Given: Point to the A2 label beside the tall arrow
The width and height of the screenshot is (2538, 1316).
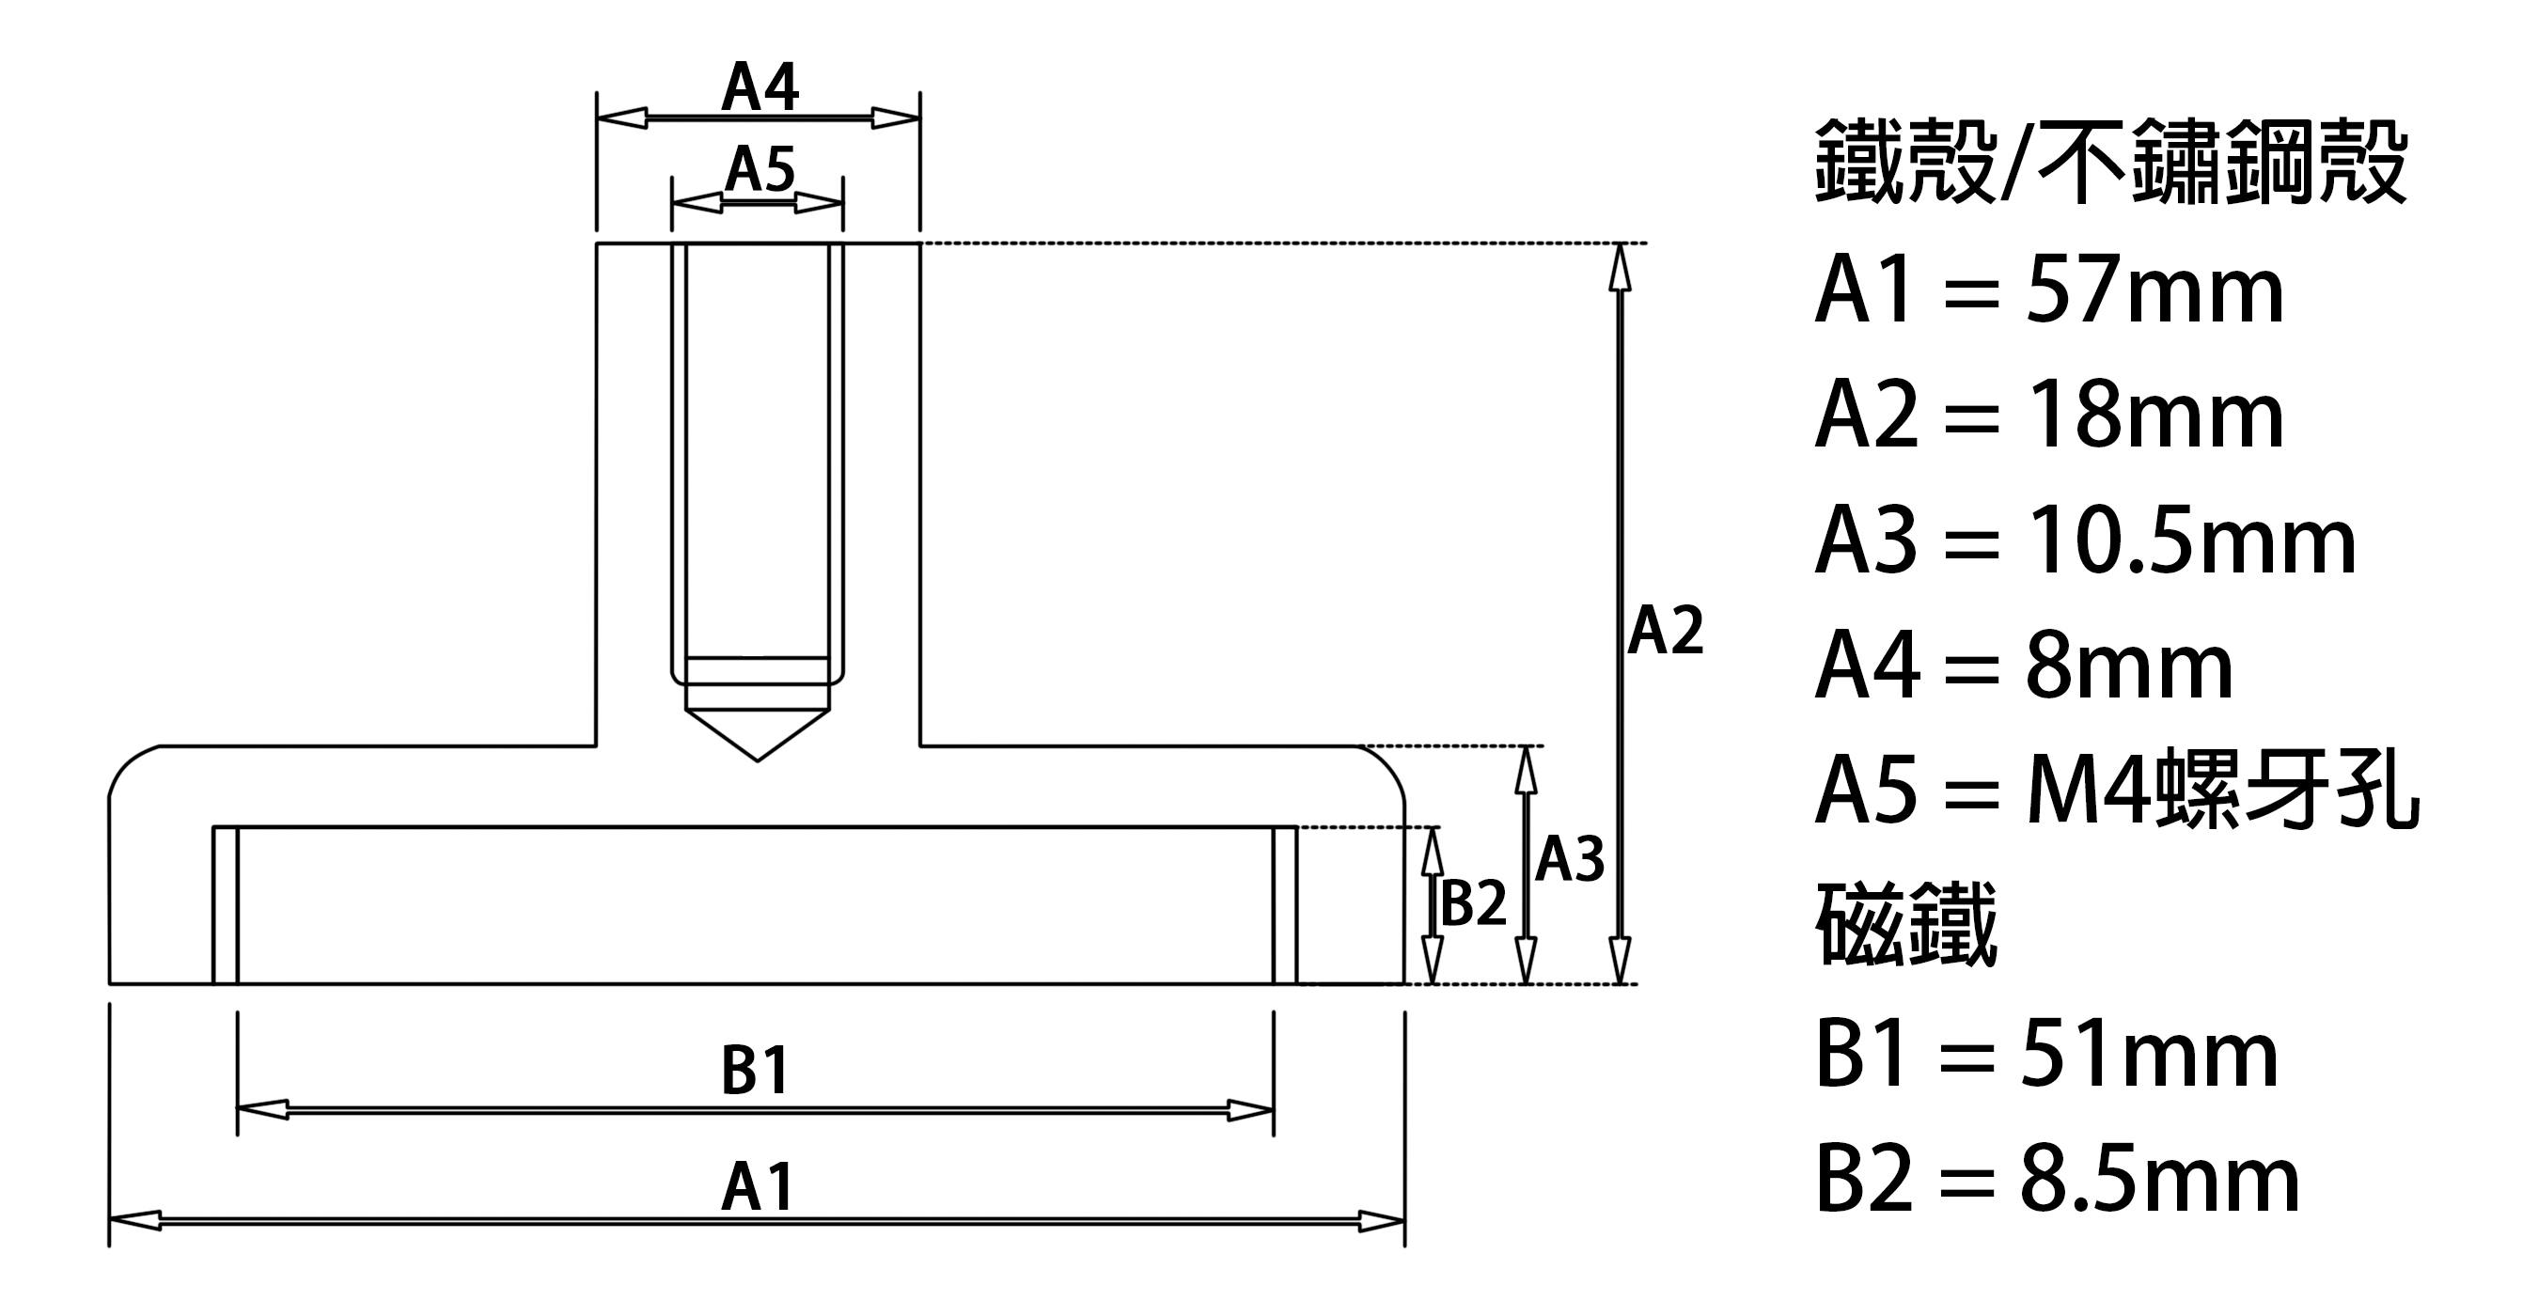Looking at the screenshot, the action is coord(1665,631).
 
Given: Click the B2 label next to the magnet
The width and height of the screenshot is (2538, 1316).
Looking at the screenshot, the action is coord(1474,902).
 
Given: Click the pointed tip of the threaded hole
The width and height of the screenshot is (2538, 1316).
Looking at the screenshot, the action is coord(757,760).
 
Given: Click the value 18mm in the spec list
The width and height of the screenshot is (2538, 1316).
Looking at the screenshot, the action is coord(2154,416).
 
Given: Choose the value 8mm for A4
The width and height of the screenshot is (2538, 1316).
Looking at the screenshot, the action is coord(2129,666).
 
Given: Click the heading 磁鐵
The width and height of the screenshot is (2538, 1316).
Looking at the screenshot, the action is coord(1906,924).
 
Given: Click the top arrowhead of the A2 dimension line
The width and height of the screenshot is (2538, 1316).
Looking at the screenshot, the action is coord(1619,267).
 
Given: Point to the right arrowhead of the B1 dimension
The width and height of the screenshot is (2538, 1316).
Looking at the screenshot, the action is coord(1249,1111).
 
